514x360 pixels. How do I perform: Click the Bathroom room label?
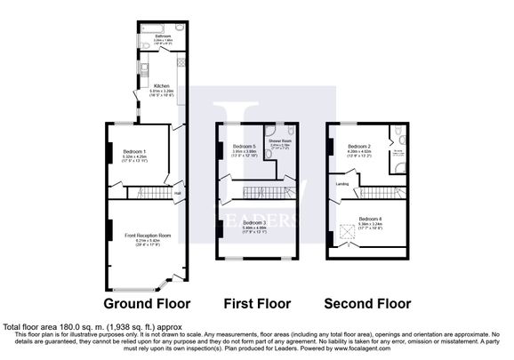click(163, 38)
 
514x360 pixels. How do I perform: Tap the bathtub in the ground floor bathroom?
click(163, 28)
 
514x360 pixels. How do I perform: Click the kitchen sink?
click(182, 67)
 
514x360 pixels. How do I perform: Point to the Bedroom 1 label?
click(134, 153)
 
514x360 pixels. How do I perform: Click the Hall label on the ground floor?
click(178, 193)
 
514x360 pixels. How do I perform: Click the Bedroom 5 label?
click(244, 148)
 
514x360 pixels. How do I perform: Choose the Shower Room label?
click(281, 141)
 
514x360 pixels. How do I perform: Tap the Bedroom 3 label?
click(255, 225)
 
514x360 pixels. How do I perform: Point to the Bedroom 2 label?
click(358, 148)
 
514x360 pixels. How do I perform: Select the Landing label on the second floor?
click(341, 184)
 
